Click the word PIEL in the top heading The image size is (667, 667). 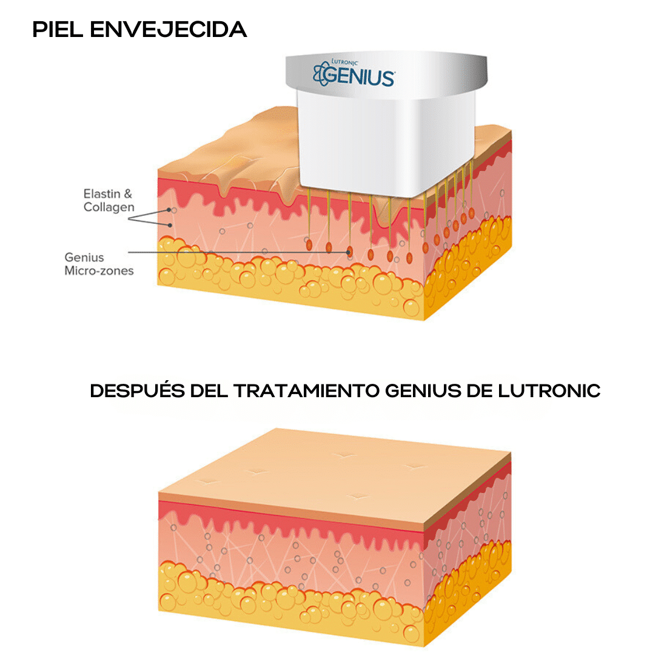[x=58, y=30]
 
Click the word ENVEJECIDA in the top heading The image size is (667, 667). [x=169, y=30]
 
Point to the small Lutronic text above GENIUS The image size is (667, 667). [x=344, y=62]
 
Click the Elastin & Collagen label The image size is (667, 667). [x=109, y=200]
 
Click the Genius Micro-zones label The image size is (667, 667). [x=99, y=264]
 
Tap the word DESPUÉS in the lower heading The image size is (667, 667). [x=138, y=391]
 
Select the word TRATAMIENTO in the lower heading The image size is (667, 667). [x=306, y=391]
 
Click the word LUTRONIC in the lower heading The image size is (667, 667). [x=549, y=391]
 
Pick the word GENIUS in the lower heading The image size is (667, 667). [x=423, y=391]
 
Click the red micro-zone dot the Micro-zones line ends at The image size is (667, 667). [x=349, y=252]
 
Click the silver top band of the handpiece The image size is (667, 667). [x=386, y=72]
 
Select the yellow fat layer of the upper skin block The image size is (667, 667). [x=289, y=285]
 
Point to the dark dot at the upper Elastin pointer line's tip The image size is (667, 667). [x=169, y=210]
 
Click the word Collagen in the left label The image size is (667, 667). [x=109, y=207]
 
